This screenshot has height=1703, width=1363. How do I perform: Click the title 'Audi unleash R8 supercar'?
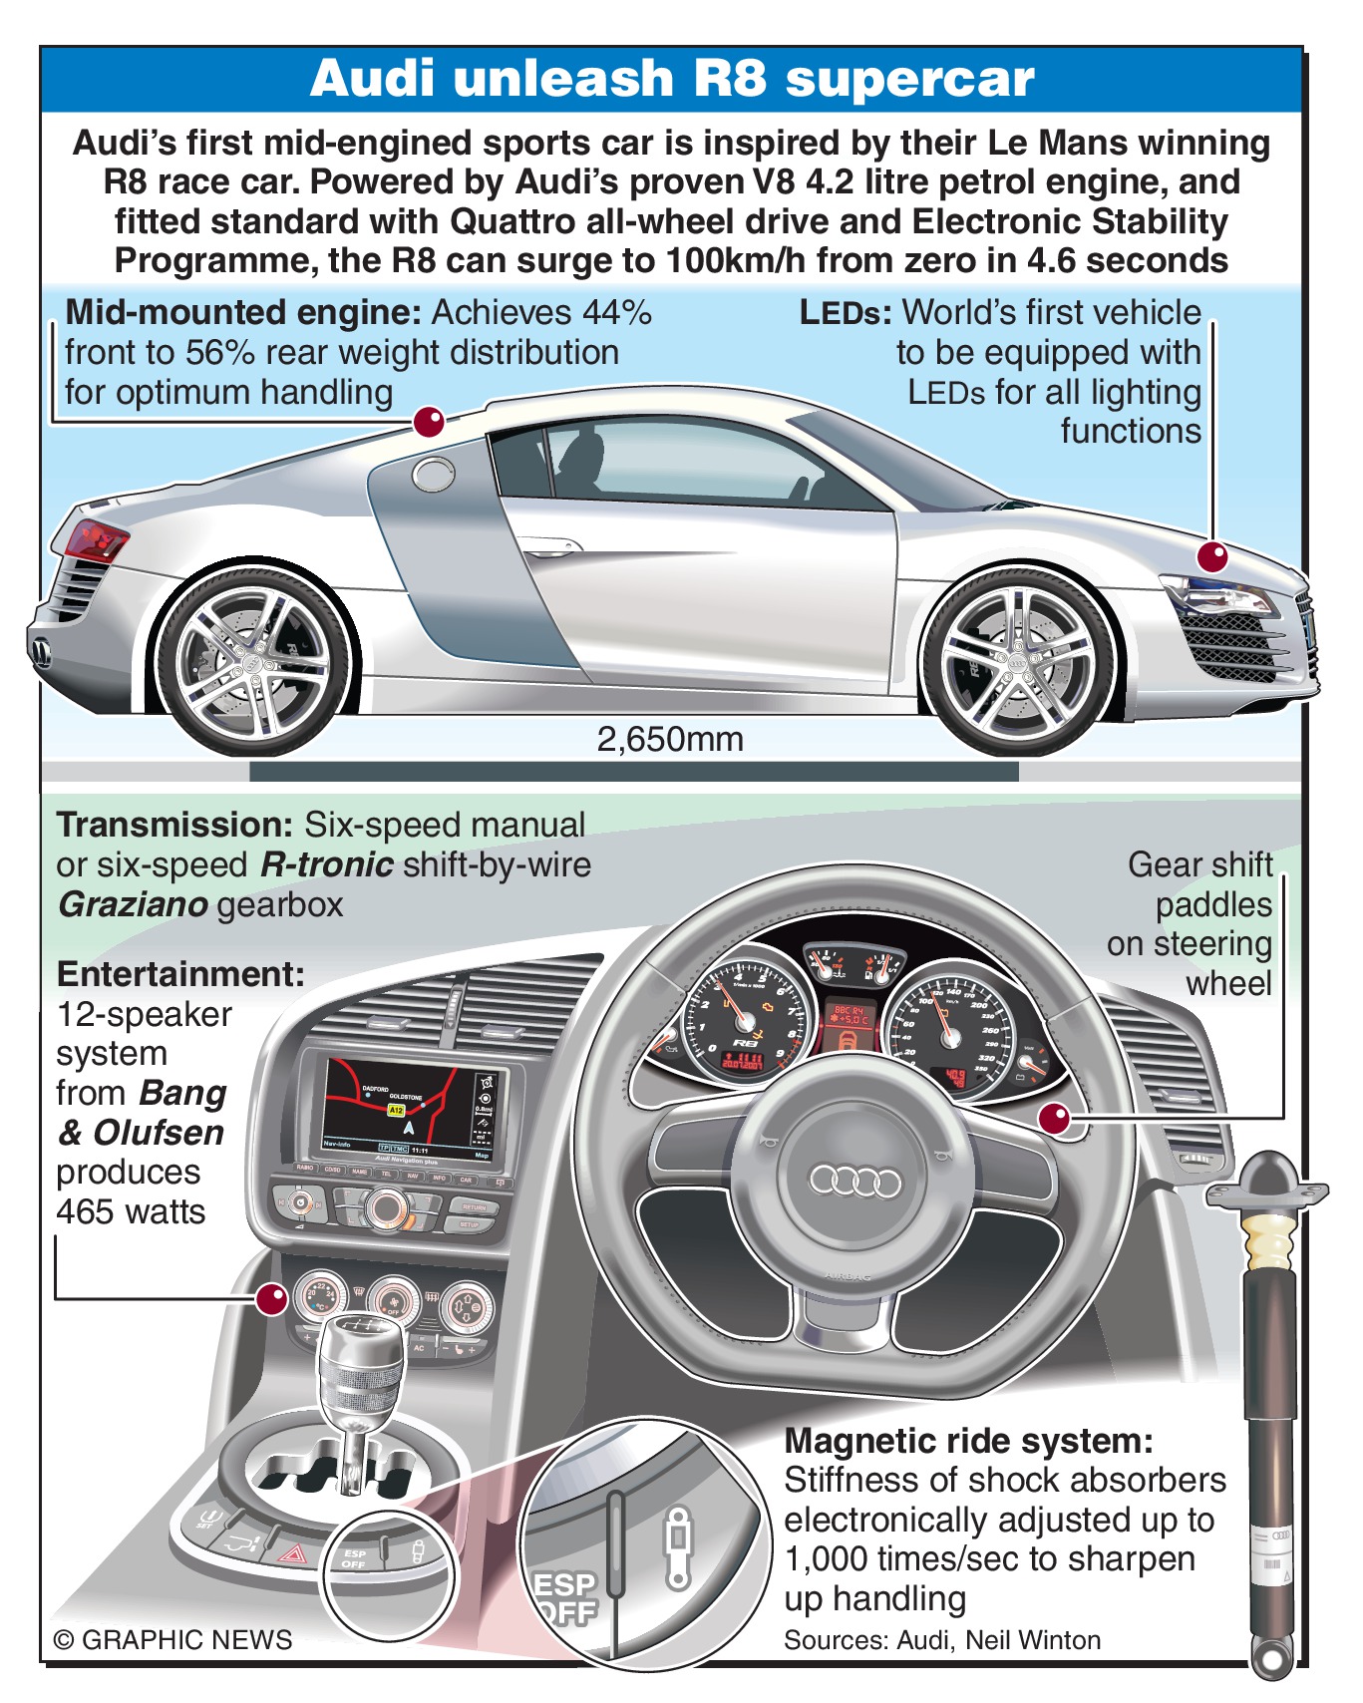click(672, 78)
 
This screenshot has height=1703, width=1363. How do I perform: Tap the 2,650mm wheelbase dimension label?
click(670, 740)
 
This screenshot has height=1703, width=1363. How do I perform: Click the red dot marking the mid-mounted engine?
click(429, 422)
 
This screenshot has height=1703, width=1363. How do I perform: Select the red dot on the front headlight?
click(1212, 556)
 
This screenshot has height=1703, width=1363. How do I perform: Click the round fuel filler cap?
click(434, 475)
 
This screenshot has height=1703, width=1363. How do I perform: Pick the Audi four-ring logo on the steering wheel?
click(854, 1182)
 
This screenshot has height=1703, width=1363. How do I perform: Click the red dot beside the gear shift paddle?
click(1055, 1119)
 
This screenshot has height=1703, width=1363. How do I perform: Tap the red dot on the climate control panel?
click(272, 1298)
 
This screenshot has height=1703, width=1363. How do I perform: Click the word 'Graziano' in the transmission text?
click(133, 904)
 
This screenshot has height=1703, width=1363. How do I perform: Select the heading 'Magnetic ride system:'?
click(968, 1441)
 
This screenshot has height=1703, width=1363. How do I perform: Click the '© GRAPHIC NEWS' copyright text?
click(172, 1640)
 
